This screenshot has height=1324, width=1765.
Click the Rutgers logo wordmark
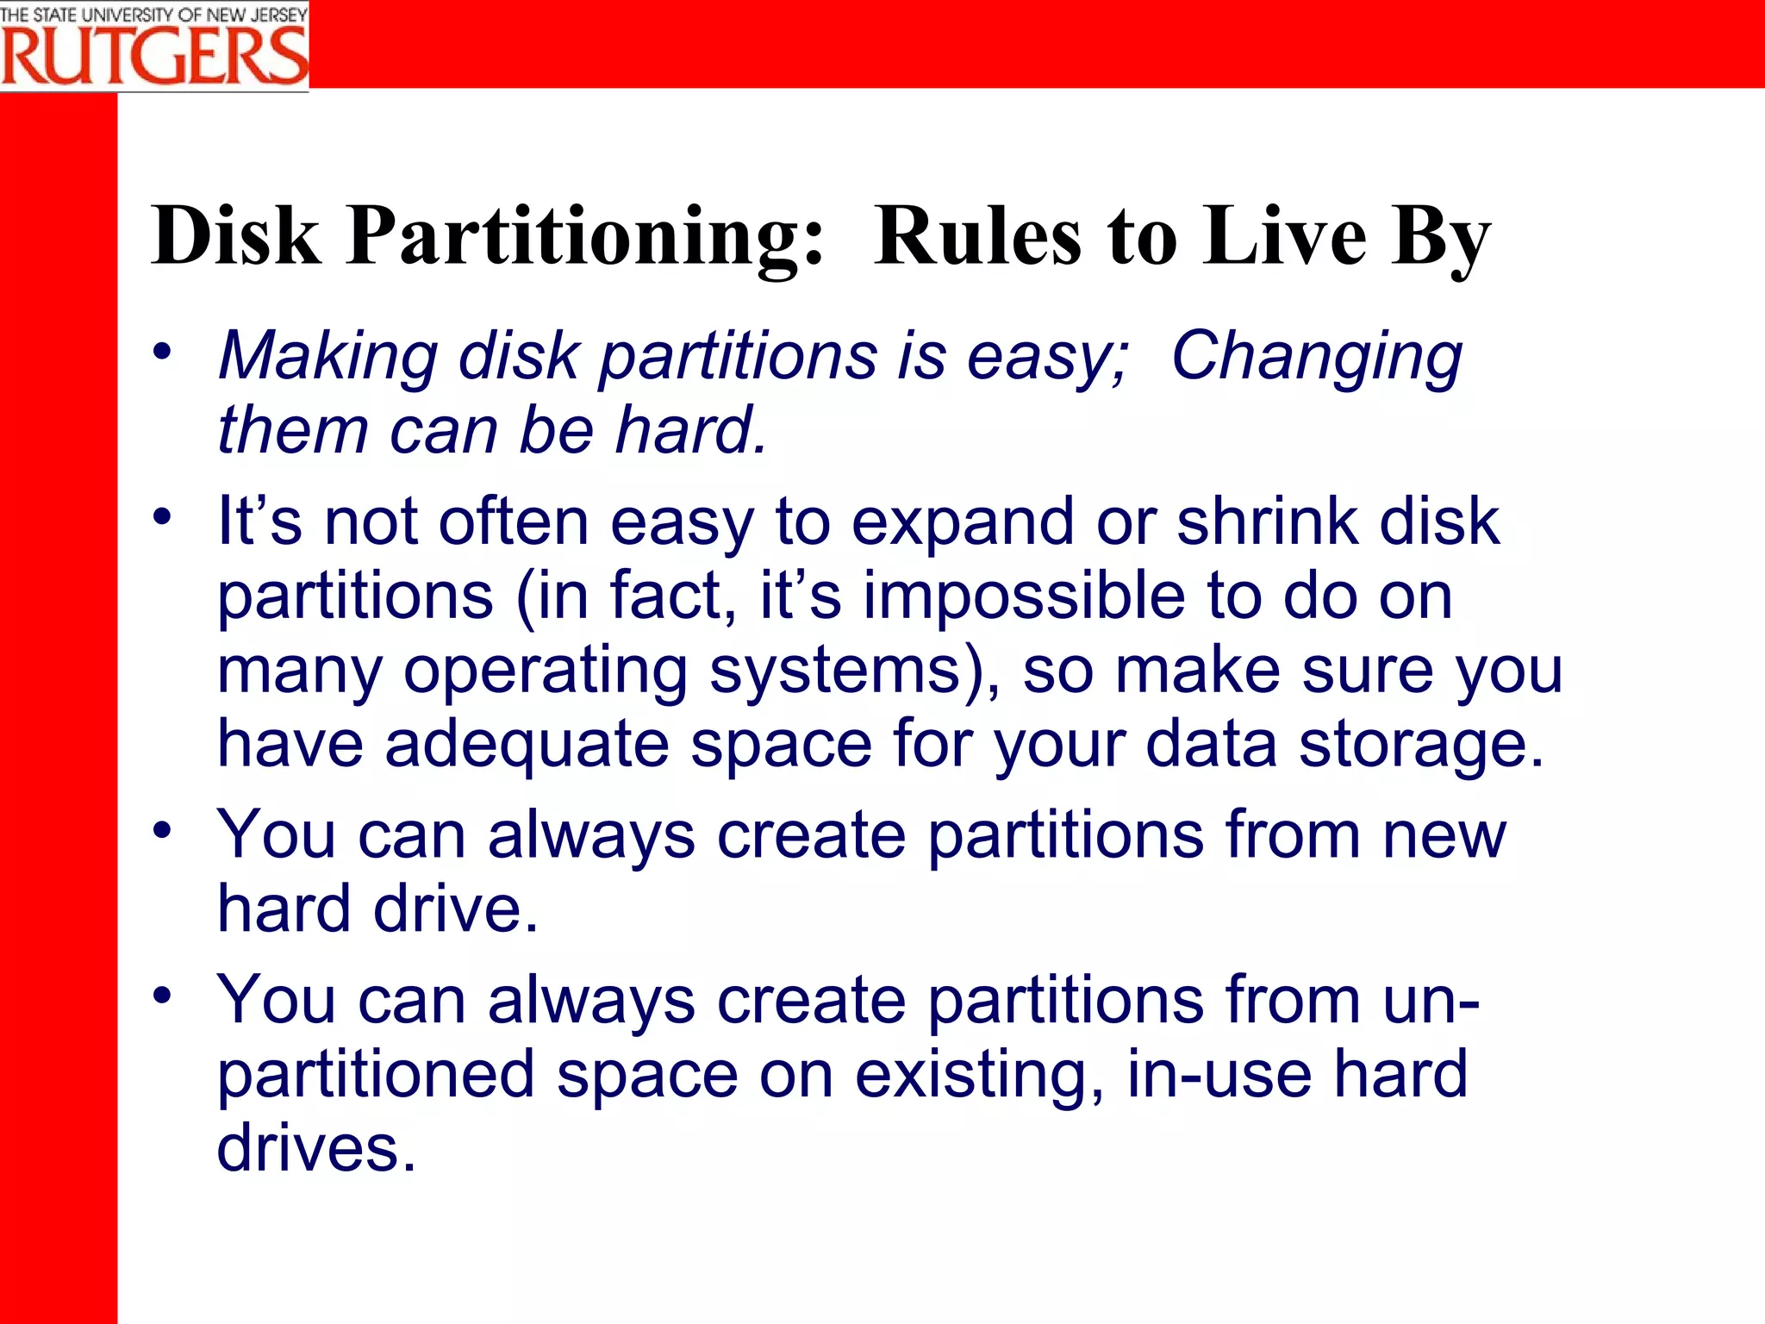click(153, 56)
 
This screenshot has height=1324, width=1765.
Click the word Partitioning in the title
click(586, 235)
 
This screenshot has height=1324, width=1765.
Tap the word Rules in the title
click(977, 235)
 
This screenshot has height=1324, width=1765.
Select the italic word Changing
click(1316, 356)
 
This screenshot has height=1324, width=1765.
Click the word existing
click(979, 1074)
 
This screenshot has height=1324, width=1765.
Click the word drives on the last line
click(316, 1148)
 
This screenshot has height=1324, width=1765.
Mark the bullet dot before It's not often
click(162, 517)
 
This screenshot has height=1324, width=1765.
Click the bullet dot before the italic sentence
click(162, 351)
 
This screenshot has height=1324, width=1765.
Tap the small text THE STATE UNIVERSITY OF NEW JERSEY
click(153, 14)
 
